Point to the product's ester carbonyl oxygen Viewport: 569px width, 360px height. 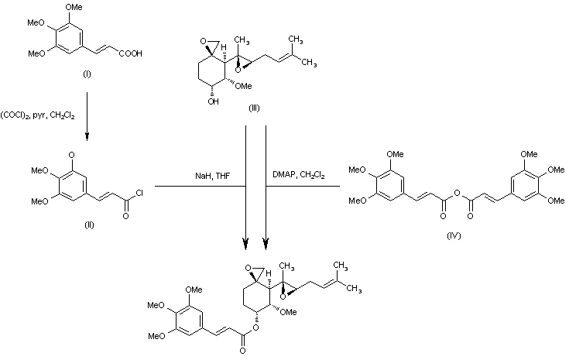click(244, 351)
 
